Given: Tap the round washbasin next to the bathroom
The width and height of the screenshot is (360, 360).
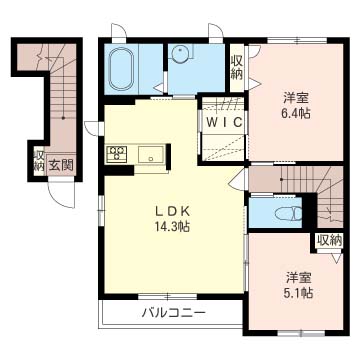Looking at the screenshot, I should [182, 56].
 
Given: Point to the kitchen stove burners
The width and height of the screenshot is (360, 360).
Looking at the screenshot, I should [116, 153].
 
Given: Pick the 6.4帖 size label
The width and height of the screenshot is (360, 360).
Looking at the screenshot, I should [294, 115].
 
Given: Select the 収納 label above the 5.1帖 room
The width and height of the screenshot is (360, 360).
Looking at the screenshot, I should [329, 240].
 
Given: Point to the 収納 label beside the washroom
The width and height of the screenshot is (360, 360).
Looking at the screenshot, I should [236, 67].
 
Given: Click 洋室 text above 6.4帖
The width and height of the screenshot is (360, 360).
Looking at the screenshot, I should [294, 98].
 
